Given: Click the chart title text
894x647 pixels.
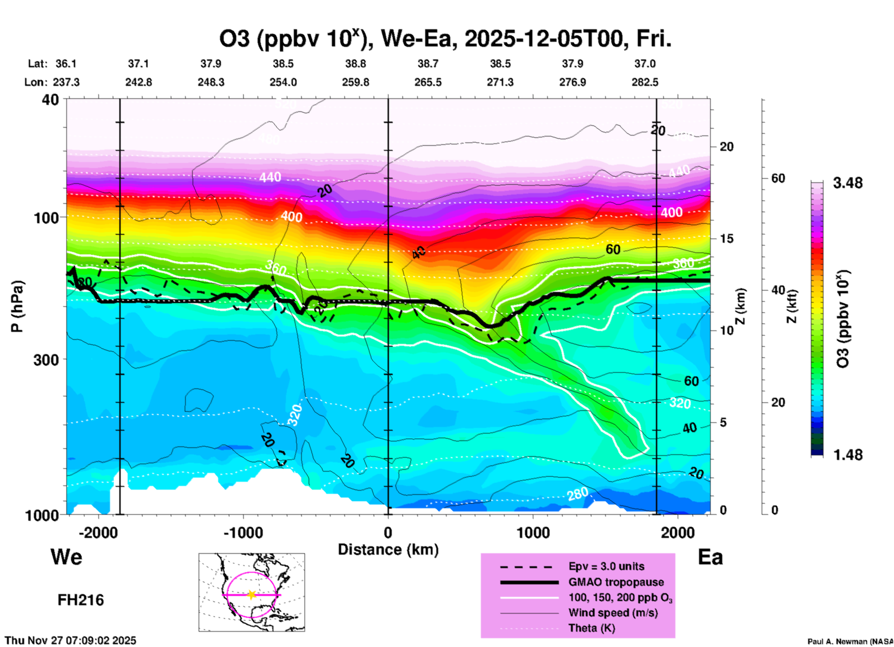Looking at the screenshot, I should (446, 39).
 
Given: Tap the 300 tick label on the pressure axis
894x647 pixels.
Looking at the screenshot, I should (46, 359).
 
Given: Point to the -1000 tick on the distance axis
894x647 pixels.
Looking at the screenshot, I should (243, 532).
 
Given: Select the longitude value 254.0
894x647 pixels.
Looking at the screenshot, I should (283, 82).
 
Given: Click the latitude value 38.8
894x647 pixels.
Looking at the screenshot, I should (356, 64).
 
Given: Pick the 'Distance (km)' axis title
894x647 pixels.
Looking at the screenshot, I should (388, 550).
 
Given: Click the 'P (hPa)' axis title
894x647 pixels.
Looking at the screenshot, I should (17, 306).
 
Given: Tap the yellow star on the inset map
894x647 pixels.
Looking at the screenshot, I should (252, 595).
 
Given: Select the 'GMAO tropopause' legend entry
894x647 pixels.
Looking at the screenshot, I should (616, 582).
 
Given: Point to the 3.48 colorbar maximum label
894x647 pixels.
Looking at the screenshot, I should (848, 183).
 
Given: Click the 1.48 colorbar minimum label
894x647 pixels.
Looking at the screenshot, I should (848, 454).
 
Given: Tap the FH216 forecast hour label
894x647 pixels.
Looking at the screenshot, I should (81, 600).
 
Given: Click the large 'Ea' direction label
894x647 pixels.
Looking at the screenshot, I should (710, 557).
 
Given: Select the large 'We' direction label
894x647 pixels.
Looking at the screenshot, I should (66, 556).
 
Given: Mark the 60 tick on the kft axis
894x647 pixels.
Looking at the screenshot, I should (778, 178).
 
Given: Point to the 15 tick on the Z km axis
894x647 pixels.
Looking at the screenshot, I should (726, 239).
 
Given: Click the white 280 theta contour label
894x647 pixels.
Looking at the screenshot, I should (578, 494).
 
